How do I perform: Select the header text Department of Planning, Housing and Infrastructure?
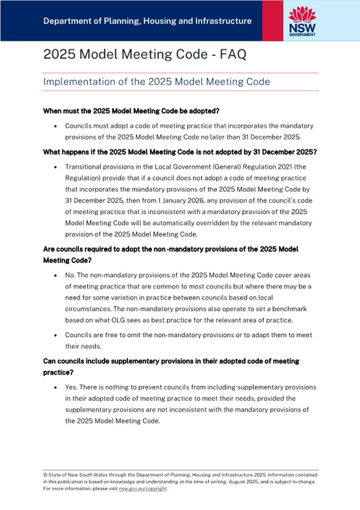[x=147, y=21]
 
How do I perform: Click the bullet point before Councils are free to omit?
[x=55, y=335]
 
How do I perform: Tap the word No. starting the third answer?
[x=70, y=275]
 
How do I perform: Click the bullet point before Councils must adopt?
[x=55, y=126]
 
